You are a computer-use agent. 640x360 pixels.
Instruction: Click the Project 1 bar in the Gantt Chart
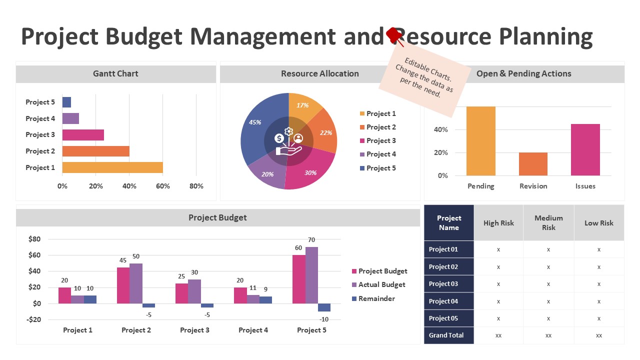(112, 167)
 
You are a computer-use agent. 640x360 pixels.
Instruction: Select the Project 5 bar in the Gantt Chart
(66, 102)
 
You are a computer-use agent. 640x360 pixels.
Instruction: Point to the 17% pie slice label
(302, 105)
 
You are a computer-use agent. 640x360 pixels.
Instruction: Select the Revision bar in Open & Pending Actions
(533, 164)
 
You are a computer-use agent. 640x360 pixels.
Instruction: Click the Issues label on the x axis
(585, 186)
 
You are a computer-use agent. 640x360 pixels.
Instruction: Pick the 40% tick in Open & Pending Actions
(441, 129)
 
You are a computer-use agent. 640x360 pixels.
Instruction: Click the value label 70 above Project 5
(311, 240)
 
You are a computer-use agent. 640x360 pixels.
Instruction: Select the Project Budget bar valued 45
(123, 285)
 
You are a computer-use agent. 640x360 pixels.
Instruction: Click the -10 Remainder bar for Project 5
(324, 307)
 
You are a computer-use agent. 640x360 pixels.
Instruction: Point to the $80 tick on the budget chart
(34, 239)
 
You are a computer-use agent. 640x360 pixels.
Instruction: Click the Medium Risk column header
(548, 223)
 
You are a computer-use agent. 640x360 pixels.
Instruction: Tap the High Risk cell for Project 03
(498, 284)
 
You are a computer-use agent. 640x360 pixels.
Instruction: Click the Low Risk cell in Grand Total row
(599, 335)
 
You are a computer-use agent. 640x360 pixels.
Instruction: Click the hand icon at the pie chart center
(289, 150)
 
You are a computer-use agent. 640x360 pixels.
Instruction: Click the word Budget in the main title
(145, 37)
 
